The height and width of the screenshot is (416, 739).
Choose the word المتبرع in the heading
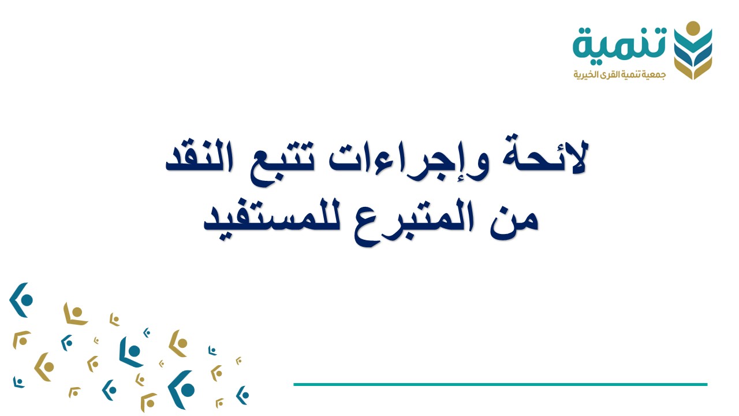point(401,222)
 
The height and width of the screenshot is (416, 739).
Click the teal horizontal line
point(500,384)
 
